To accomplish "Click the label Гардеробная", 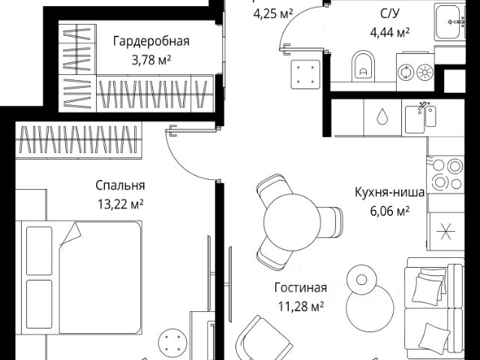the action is coord(151,41).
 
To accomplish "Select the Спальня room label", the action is coord(120,186).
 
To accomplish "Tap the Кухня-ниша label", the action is coord(390,193).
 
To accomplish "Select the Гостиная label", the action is coord(300,288).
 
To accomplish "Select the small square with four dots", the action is coord(305,73).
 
